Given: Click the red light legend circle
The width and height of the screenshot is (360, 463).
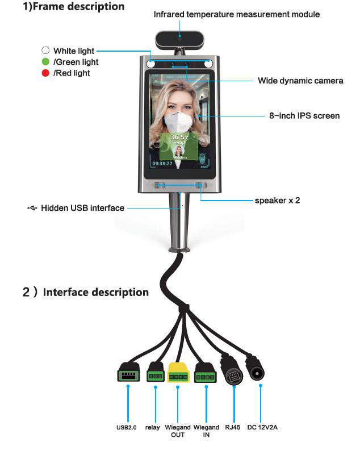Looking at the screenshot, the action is tap(45, 73).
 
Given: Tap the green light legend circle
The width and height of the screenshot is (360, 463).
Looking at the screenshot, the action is tap(45, 62).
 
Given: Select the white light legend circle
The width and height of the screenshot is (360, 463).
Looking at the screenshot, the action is tap(45, 51).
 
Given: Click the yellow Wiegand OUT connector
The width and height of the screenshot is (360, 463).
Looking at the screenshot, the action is tap(178, 373).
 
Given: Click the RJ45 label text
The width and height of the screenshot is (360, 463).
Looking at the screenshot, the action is tap(233, 427).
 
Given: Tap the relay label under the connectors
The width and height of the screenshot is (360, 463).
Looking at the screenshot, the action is tap(152, 427).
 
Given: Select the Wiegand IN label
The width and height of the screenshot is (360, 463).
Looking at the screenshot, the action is tap(206, 431).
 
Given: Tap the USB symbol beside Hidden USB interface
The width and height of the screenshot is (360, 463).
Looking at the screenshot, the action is tap(32, 208).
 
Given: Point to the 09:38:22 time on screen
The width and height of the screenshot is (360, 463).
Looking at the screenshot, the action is tap(162, 163).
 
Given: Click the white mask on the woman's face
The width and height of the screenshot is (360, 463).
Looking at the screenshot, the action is tap(177, 122).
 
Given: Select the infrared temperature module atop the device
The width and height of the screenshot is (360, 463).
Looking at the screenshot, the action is tap(179, 40).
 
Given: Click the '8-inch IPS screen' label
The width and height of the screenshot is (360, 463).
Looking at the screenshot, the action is tap(304, 115).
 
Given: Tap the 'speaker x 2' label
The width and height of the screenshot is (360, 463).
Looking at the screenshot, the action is tap(277, 200).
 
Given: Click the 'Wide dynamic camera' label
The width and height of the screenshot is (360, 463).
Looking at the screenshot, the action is tap(300, 81).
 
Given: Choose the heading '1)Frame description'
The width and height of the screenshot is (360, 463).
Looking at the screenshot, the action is tap(73, 6).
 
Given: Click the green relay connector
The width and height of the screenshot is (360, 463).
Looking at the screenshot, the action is tap(156, 372).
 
